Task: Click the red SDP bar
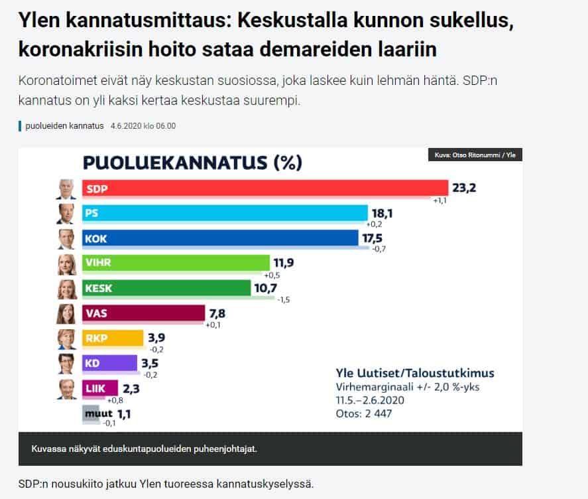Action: [x=265, y=188]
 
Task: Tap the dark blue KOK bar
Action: [x=219, y=238]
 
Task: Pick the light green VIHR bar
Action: [x=176, y=263]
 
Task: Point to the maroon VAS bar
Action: [x=143, y=313]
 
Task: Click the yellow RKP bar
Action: [x=112, y=338]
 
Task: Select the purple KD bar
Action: [x=110, y=363]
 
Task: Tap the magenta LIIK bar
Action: [x=99, y=388]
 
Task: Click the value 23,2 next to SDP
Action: [x=464, y=188]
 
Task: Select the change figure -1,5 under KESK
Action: [x=282, y=300]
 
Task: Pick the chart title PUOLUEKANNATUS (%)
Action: [x=192, y=163]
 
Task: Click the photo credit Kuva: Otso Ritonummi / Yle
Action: [x=475, y=155]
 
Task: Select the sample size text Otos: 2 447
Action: [x=364, y=413]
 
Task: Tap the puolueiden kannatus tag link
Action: [x=64, y=126]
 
